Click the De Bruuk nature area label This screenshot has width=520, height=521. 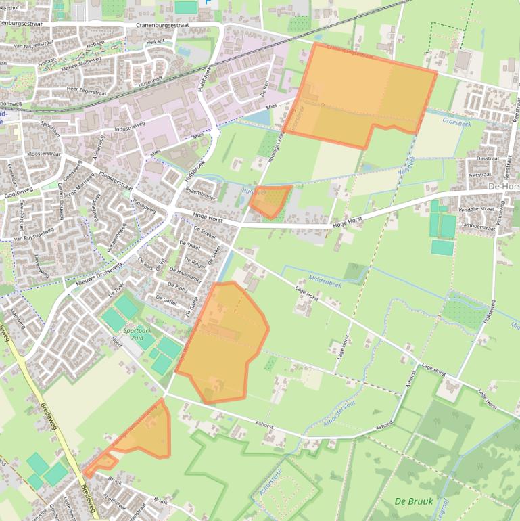[x=410, y=501]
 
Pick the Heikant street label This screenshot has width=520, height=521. [x=155, y=41]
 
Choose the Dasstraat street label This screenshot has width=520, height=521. [x=487, y=158]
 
